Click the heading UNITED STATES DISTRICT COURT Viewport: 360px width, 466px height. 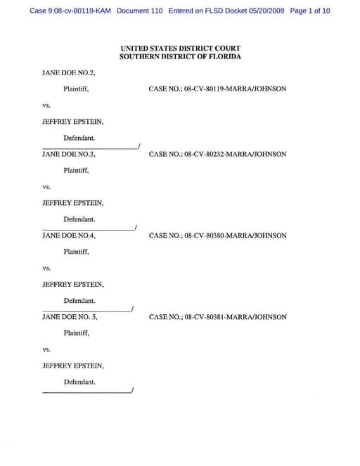tap(180, 48)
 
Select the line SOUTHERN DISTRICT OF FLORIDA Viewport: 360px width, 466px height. tap(180, 56)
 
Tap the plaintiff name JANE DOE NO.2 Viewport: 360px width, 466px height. tap(68, 72)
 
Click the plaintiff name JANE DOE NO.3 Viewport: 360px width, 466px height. tap(68, 154)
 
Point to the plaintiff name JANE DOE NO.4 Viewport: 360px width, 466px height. tap(68, 235)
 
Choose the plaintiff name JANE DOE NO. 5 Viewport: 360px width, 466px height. tap(70, 317)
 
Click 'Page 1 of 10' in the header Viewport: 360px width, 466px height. tap(309, 11)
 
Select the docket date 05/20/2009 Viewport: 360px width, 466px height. tap(261, 11)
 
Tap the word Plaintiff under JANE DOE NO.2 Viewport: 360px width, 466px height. tap(76, 89)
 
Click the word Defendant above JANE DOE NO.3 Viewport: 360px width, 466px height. tap(79, 138)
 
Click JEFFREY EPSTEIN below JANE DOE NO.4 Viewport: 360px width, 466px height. tap(73, 284)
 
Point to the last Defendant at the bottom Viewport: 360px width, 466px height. tap(79, 382)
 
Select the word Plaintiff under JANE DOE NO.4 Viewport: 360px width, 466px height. tap(76, 252)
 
